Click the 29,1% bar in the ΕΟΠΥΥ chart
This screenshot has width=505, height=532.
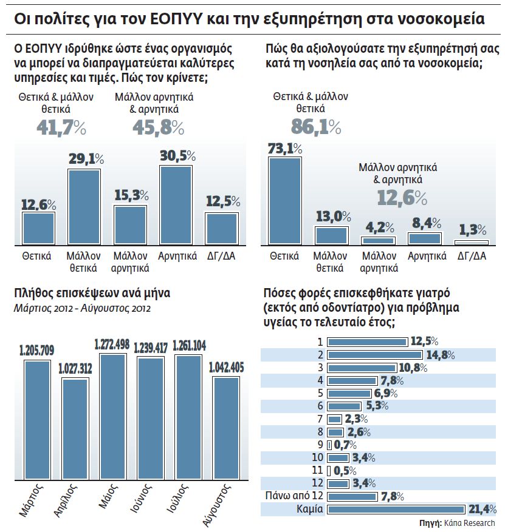[84, 207]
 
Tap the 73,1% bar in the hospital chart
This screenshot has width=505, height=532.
[284, 201]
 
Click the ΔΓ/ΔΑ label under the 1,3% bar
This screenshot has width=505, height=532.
[472, 256]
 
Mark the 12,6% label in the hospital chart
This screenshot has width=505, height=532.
[401, 198]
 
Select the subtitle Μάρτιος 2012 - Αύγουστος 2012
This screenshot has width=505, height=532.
[82, 308]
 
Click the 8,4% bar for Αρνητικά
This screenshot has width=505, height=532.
[424, 238]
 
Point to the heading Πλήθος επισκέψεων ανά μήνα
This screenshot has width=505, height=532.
[92, 294]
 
